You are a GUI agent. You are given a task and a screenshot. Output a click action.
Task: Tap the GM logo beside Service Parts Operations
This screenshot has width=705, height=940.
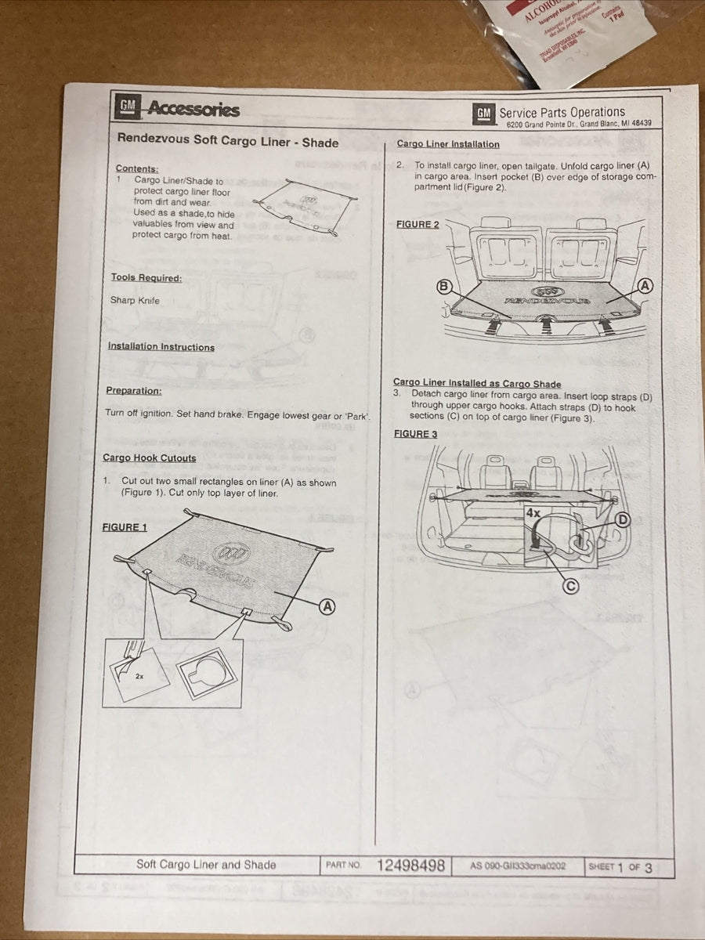pos(484,114)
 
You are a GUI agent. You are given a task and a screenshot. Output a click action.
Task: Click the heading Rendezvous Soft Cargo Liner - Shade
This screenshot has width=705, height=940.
pos(227,142)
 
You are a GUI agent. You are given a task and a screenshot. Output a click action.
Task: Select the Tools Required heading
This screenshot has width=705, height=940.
pos(146,277)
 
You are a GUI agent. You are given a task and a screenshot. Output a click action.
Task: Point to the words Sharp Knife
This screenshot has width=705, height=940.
pos(135,300)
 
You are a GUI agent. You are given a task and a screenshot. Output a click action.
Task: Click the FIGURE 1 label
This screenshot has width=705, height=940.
pos(125,527)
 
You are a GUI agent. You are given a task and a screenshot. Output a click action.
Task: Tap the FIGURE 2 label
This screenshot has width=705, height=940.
pos(418,224)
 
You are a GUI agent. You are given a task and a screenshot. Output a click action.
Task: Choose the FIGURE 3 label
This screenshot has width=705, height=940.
pos(416,434)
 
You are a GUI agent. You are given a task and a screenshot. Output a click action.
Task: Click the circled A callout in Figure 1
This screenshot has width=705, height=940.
pos(327,606)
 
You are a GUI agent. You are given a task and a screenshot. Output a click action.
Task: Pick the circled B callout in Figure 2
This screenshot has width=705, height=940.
pos(444,287)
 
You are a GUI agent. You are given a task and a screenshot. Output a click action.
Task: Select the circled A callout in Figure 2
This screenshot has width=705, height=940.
pos(645,286)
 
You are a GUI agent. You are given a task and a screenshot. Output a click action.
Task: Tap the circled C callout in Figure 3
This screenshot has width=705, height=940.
pos(572,584)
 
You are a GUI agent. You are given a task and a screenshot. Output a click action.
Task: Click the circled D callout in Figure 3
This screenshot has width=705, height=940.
pos(623,519)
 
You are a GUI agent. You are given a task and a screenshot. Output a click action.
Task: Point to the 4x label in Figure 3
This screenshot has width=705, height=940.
pos(533,514)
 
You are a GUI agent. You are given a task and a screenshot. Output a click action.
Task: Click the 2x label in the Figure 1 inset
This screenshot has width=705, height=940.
pos(139,676)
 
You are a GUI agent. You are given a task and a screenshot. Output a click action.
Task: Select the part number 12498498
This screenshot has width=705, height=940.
pos(410,866)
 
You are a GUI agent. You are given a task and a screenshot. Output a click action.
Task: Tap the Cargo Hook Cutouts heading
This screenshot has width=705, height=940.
pos(150,457)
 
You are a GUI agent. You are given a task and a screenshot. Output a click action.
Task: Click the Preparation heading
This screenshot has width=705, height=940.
pos(134,390)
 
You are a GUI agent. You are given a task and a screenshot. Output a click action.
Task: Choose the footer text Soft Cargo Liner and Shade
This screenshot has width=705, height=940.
pos(206,865)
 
